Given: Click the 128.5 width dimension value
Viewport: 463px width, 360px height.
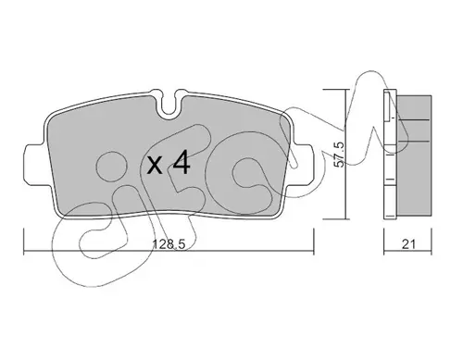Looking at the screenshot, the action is click(169, 244).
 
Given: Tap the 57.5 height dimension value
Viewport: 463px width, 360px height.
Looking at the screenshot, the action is click(339, 155).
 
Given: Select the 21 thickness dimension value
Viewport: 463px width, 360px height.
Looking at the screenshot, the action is click(408, 244).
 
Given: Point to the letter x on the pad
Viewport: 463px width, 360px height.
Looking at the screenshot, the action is click(155, 165).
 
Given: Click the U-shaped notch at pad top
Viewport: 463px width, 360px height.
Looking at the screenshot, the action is click(169, 104).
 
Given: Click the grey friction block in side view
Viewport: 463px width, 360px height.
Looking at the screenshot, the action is click(414, 155).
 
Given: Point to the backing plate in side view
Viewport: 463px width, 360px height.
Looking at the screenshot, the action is click(390, 155).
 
